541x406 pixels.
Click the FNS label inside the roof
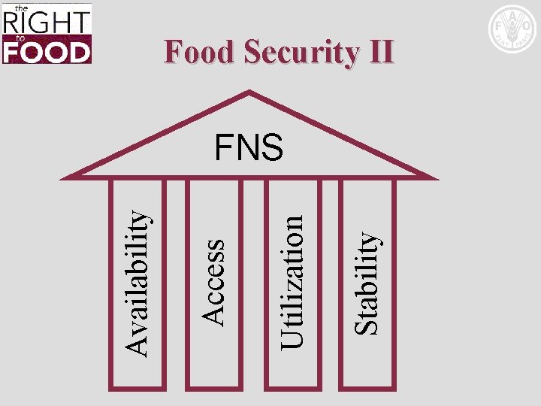tap(249, 147)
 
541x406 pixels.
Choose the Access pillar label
tap(214, 281)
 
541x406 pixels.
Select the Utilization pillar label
tap(292, 281)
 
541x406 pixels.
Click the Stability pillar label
tap(367, 281)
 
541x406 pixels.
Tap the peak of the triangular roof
tap(249, 92)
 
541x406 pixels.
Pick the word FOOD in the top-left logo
tap(47, 50)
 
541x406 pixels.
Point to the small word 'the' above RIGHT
tap(22, 7)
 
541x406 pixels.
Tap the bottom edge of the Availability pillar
tap(136, 389)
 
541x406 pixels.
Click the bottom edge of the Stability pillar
tap(367, 389)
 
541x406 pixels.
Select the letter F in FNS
tap(224, 147)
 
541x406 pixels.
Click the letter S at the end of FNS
tap(273, 147)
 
